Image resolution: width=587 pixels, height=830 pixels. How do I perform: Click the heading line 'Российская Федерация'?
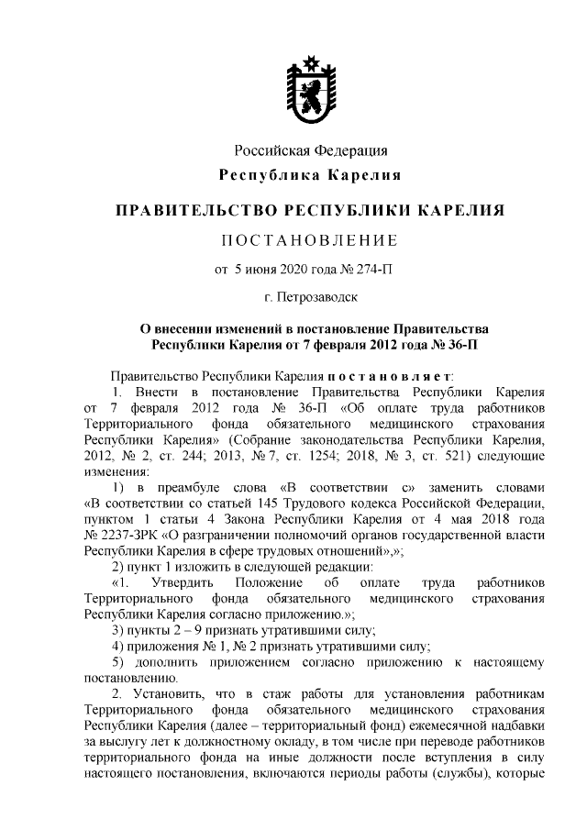pos(310,150)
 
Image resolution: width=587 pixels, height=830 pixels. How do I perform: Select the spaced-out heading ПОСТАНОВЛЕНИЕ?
pos(310,241)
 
